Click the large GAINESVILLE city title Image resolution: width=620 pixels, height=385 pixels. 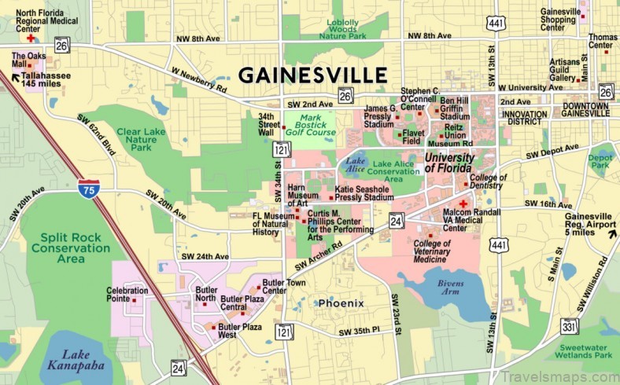pyautogui.click(x=312, y=75)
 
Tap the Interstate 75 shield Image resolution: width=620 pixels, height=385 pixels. pyautogui.click(x=89, y=189)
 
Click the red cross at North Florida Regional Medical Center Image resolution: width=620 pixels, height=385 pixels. pyautogui.click(x=31, y=37)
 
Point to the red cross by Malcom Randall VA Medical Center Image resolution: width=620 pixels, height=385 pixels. pyautogui.click(x=463, y=203)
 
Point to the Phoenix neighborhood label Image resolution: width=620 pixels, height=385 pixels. pyautogui.click(x=341, y=302)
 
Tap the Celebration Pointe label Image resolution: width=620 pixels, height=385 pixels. pyautogui.click(x=127, y=295)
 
